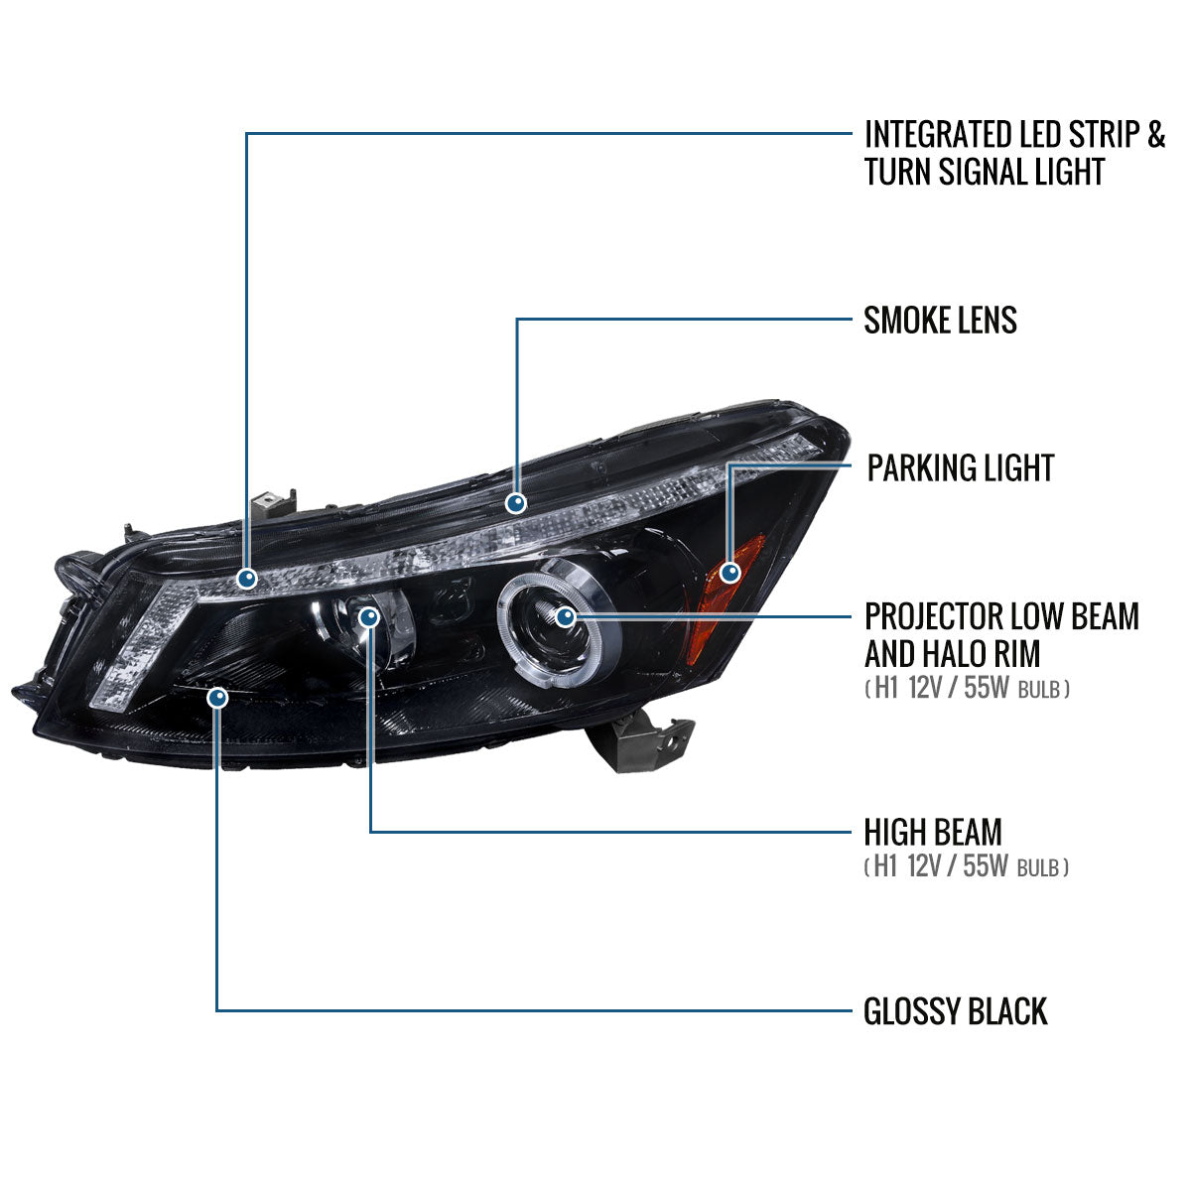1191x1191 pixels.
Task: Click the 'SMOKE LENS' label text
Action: coord(940,321)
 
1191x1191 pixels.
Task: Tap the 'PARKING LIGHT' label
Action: coord(960,467)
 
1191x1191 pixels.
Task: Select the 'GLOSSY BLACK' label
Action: coord(955,1011)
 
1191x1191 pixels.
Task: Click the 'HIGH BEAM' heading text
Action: coord(932,832)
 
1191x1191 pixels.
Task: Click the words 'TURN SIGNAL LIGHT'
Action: coord(984,172)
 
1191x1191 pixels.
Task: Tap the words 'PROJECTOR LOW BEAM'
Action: coord(1000,616)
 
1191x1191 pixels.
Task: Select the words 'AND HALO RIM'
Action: coord(952,654)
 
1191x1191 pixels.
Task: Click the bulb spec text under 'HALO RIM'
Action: coord(967,688)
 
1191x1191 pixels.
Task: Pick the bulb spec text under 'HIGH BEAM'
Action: coord(967,867)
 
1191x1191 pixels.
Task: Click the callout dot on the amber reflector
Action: coord(730,572)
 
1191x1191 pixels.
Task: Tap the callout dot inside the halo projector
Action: coord(566,617)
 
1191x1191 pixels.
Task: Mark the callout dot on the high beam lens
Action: coord(369,617)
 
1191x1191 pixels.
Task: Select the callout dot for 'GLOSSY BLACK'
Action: coord(217,699)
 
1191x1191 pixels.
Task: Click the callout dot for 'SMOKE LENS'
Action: coord(515,503)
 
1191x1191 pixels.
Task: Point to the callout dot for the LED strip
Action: coord(246,577)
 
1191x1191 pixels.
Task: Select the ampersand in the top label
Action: coord(1154,134)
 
